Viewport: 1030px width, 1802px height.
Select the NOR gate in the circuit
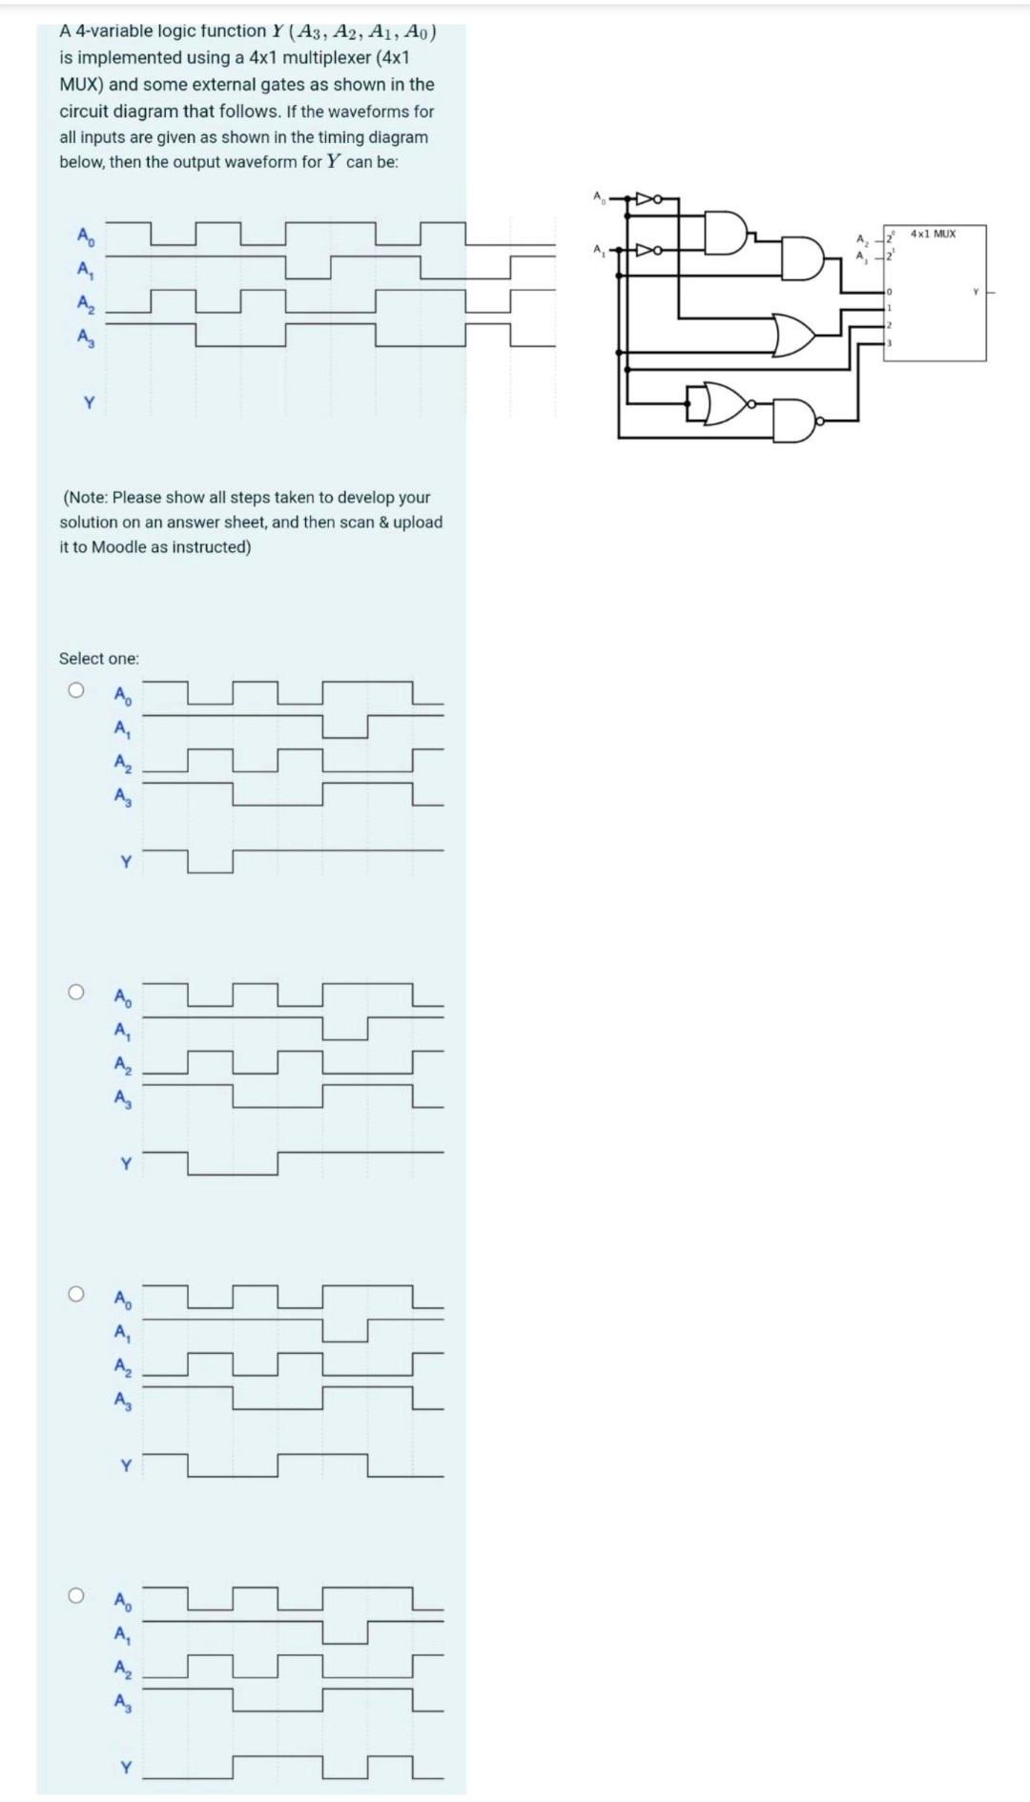tap(722, 404)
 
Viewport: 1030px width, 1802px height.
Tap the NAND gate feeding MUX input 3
tap(797, 420)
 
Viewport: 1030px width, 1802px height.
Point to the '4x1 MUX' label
tap(933, 234)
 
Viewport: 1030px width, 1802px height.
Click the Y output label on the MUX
tap(976, 292)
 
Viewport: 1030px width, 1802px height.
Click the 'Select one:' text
tap(98, 659)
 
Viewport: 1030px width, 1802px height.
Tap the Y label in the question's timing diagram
tap(88, 403)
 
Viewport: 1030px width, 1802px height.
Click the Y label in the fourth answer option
tap(125, 1767)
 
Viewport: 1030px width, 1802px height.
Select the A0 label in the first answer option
tap(123, 695)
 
